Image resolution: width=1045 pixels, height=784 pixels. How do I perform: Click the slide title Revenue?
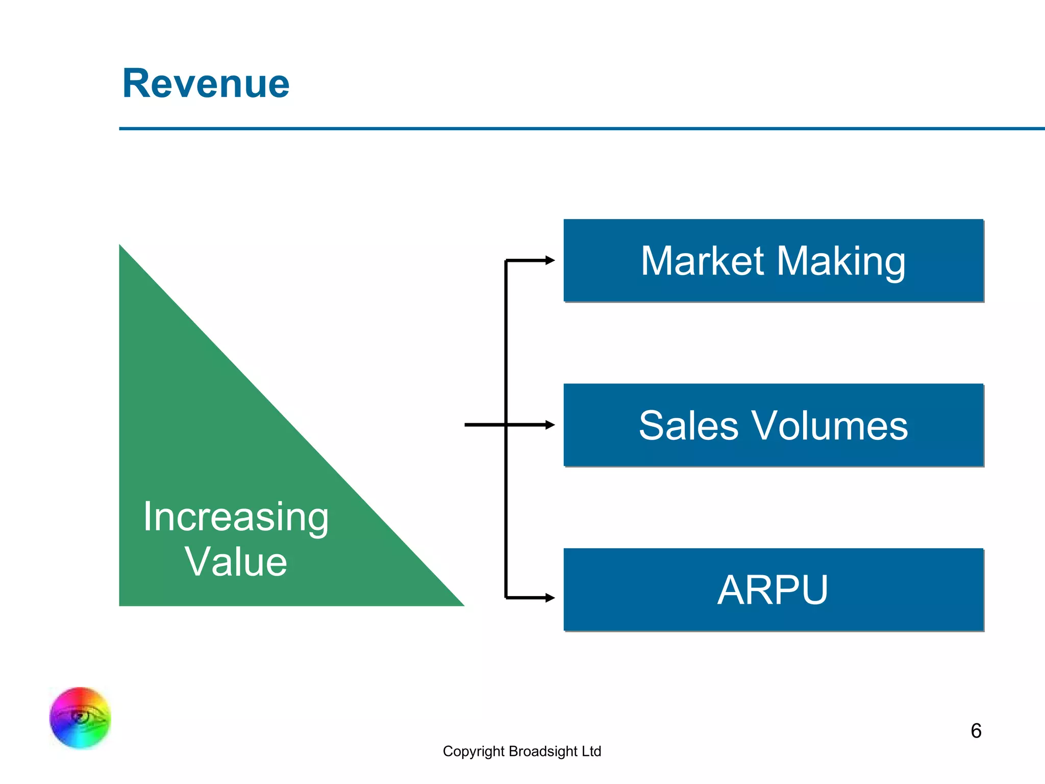[x=206, y=83]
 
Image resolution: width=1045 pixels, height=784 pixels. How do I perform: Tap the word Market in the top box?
[x=703, y=261]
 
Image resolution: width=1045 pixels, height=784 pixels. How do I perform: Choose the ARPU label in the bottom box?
[x=773, y=590]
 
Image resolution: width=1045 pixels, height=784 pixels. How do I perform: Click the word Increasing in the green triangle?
[x=236, y=517]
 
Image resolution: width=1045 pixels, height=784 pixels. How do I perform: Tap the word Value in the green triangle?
[x=236, y=561]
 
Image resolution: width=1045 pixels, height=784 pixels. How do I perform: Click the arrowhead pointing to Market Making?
[x=550, y=260]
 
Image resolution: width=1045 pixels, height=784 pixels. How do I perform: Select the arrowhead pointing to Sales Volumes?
[x=550, y=425]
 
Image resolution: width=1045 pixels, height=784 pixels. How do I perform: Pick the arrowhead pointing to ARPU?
[x=550, y=597]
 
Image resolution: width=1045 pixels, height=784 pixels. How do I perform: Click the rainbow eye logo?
[x=80, y=718]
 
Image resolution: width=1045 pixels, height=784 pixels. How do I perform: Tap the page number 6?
[x=976, y=731]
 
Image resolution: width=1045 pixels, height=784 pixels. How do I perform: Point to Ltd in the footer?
[x=591, y=751]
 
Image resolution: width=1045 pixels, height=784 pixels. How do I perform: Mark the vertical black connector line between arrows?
[x=506, y=347]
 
